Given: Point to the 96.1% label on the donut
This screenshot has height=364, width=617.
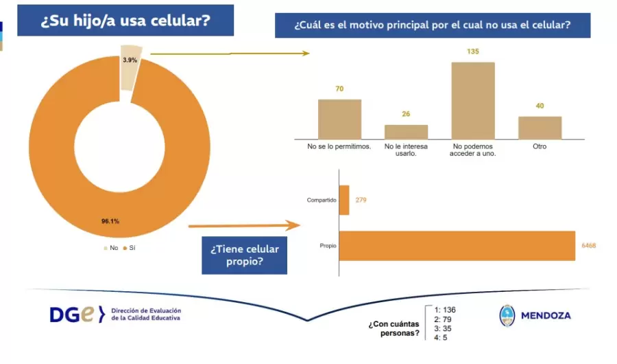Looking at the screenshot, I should click(110, 221).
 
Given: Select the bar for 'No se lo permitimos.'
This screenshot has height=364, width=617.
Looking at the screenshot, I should click(339, 120).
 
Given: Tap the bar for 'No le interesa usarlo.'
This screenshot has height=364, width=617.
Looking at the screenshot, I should click(406, 132).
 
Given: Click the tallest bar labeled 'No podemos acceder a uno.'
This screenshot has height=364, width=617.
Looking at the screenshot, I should click(472, 101).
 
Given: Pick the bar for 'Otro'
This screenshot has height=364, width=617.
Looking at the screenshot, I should click(540, 128).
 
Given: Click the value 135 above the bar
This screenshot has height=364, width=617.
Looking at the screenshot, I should click(472, 52).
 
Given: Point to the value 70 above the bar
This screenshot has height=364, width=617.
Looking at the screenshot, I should click(339, 89).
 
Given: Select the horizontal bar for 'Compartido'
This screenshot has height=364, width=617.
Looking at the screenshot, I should click(344, 200).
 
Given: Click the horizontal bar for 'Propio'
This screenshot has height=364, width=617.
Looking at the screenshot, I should click(457, 246).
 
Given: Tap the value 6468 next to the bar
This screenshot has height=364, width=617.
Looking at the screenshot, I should click(588, 246).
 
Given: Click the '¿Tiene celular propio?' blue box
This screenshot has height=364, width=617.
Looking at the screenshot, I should click(244, 255).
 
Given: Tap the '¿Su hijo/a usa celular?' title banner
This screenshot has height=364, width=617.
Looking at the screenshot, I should click(125, 20).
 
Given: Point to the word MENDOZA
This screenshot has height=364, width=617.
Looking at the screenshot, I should click(546, 316).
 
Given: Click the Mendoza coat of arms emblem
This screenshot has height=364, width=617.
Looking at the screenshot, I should click(507, 315).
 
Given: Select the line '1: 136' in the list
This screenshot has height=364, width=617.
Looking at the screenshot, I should click(445, 310).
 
